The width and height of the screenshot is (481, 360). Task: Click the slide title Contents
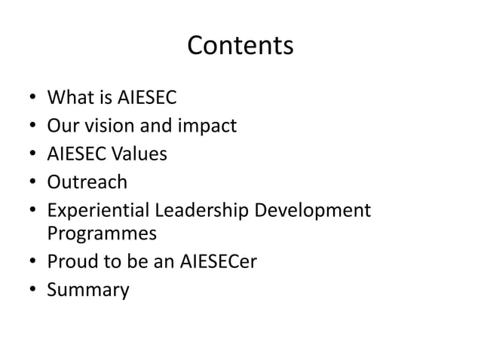(240, 46)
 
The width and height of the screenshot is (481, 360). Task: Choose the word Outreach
(87, 182)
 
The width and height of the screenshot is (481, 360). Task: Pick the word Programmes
(102, 234)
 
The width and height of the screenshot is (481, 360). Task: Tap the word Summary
(87, 290)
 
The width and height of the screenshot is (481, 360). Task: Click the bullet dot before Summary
(32, 290)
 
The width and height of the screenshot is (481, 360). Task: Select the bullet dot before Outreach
(32, 183)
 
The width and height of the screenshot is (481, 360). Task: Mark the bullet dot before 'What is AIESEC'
(32, 98)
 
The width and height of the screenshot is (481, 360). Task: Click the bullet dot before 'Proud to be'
(32, 262)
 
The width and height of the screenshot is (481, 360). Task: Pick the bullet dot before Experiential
(32, 212)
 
